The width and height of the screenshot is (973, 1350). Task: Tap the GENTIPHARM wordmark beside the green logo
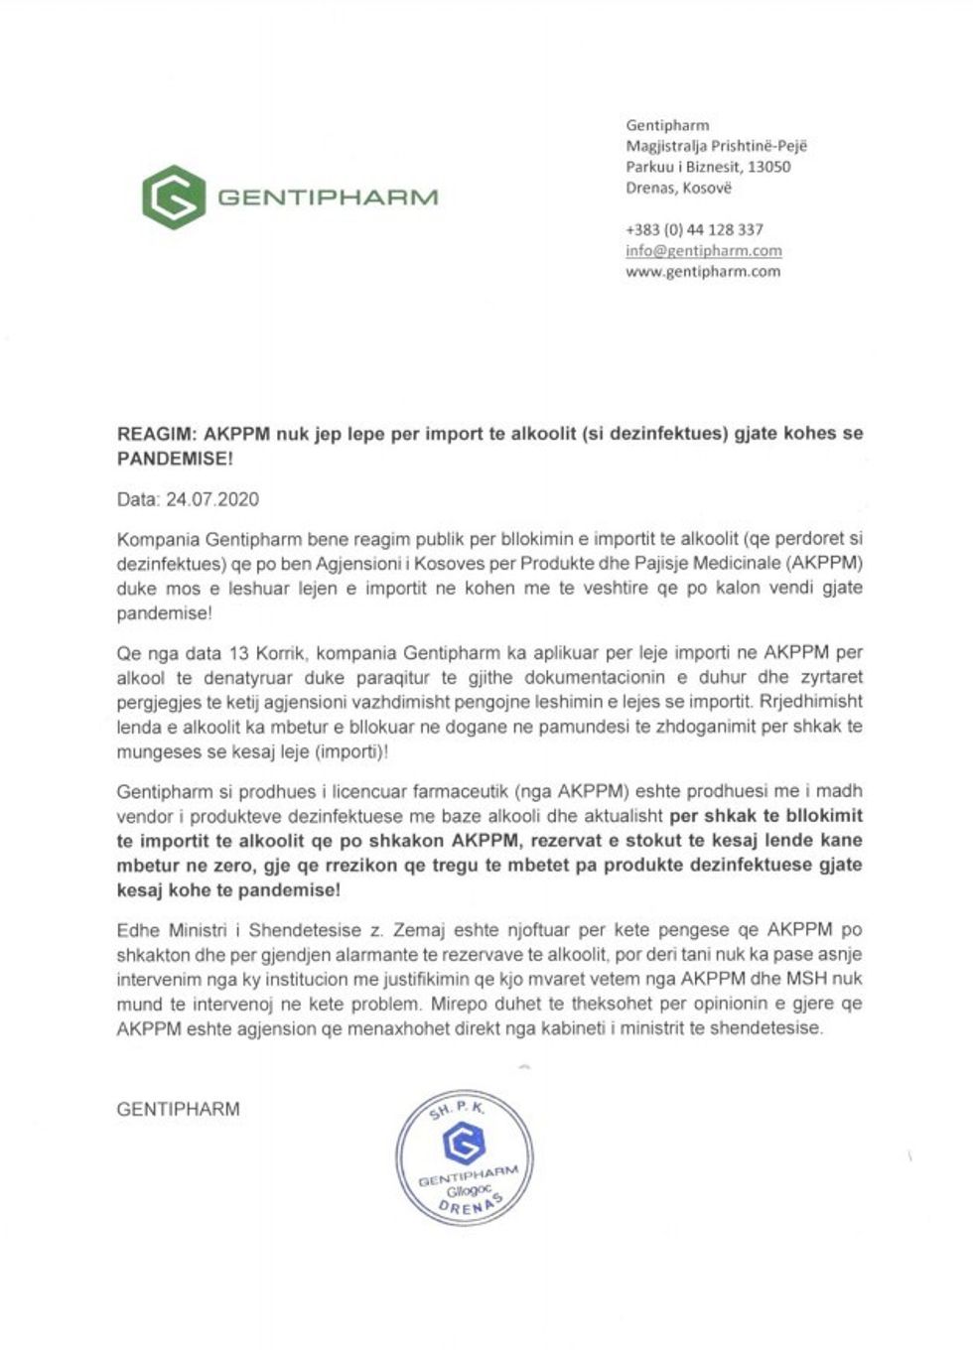pyautogui.click(x=327, y=197)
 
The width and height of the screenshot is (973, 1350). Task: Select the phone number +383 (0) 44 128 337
pyautogui.click(x=694, y=229)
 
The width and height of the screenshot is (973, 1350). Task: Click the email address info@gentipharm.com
pyautogui.click(x=703, y=250)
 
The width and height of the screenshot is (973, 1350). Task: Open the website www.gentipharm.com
pyautogui.click(x=702, y=271)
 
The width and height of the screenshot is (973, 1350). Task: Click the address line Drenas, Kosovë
pyautogui.click(x=678, y=188)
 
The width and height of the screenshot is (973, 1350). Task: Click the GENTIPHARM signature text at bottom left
pyautogui.click(x=178, y=1109)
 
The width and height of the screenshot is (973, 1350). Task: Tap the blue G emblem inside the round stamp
pyautogui.click(x=463, y=1145)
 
